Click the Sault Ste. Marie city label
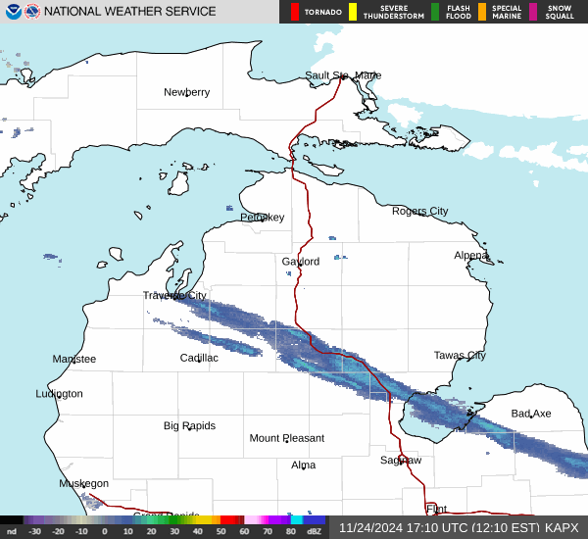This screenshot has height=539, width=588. [342, 75]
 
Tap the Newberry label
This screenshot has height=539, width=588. [186, 92]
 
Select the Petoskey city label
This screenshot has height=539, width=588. [262, 218]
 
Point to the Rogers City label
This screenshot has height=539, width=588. [419, 211]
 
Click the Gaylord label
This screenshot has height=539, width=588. [301, 262]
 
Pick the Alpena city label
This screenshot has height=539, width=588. [470, 255]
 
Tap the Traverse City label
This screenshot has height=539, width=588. [174, 295]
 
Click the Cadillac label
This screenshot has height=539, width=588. [199, 358]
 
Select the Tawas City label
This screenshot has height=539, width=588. [460, 356]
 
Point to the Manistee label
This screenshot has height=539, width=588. [74, 360]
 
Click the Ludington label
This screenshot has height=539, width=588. [59, 394]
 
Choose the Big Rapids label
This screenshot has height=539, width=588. [189, 426]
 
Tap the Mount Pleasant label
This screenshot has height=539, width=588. [286, 438]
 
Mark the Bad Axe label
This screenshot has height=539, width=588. [530, 414]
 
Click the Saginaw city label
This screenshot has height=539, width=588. [401, 460]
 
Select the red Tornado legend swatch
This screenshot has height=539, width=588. [295, 12]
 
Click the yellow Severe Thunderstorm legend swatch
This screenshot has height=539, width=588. [352, 12]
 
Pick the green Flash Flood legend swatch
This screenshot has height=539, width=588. [435, 12]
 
